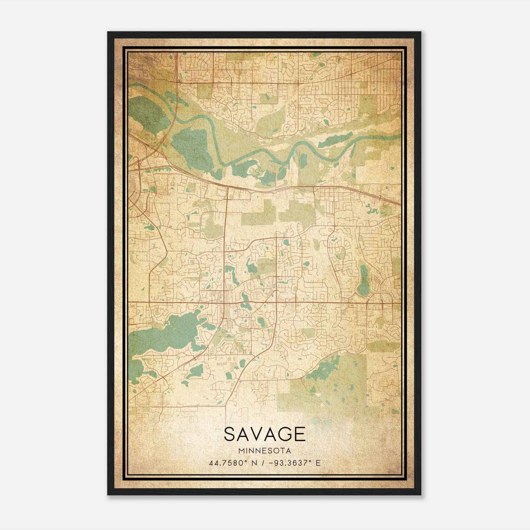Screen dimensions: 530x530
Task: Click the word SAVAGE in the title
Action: (x=264, y=434)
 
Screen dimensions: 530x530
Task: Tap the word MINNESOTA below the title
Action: (x=264, y=451)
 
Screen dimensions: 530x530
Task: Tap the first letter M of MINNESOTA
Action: (x=240, y=451)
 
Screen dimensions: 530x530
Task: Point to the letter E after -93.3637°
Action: (x=318, y=463)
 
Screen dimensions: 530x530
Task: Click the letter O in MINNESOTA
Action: (x=278, y=451)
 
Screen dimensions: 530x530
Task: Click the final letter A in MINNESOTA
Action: (x=289, y=451)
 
